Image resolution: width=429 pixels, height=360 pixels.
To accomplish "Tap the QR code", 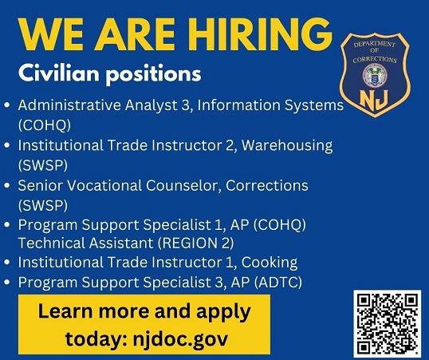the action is pyautogui.click(x=388, y=324).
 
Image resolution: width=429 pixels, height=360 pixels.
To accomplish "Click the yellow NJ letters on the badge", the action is pyautogui.click(x=374, y=100).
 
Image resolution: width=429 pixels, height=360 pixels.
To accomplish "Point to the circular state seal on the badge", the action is pyautogui.click(x=375, y=75).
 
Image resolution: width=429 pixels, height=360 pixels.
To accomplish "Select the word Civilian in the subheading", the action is pyautogui.click(x=58, y=73).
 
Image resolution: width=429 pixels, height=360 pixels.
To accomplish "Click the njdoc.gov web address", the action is pyautogui.click(x=180, y=339).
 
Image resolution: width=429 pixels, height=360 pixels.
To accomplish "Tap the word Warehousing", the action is pyautogui.click(x=287, y=145).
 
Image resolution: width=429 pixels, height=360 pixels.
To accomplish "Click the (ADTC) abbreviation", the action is pyautogui.click(x=278, y=283).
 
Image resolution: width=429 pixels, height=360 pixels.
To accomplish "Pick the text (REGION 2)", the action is pyautogui.click(x=196, y=243).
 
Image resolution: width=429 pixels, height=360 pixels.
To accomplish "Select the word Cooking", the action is pyautogui.click(x=270, y=263).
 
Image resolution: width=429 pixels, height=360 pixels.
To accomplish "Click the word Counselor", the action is pyautogui.click(x=183, y=185).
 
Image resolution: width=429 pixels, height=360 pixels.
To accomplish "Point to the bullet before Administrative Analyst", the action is pyautogui.click(x=7, y=105).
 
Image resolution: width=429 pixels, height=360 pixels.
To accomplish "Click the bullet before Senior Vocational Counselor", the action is pyautogui.click(x=7, y=185).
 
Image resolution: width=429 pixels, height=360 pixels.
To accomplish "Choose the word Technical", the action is pyautogui.click(x=51, y=243).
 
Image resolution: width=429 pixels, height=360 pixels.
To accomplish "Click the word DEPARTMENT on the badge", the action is pyautogui.click(x=374, y=44).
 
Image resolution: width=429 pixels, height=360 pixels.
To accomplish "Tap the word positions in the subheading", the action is pyautogui.click(x=153, y=74).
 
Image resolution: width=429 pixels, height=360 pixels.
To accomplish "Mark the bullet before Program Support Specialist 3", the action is pyautogui.click(x=7, y=283).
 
